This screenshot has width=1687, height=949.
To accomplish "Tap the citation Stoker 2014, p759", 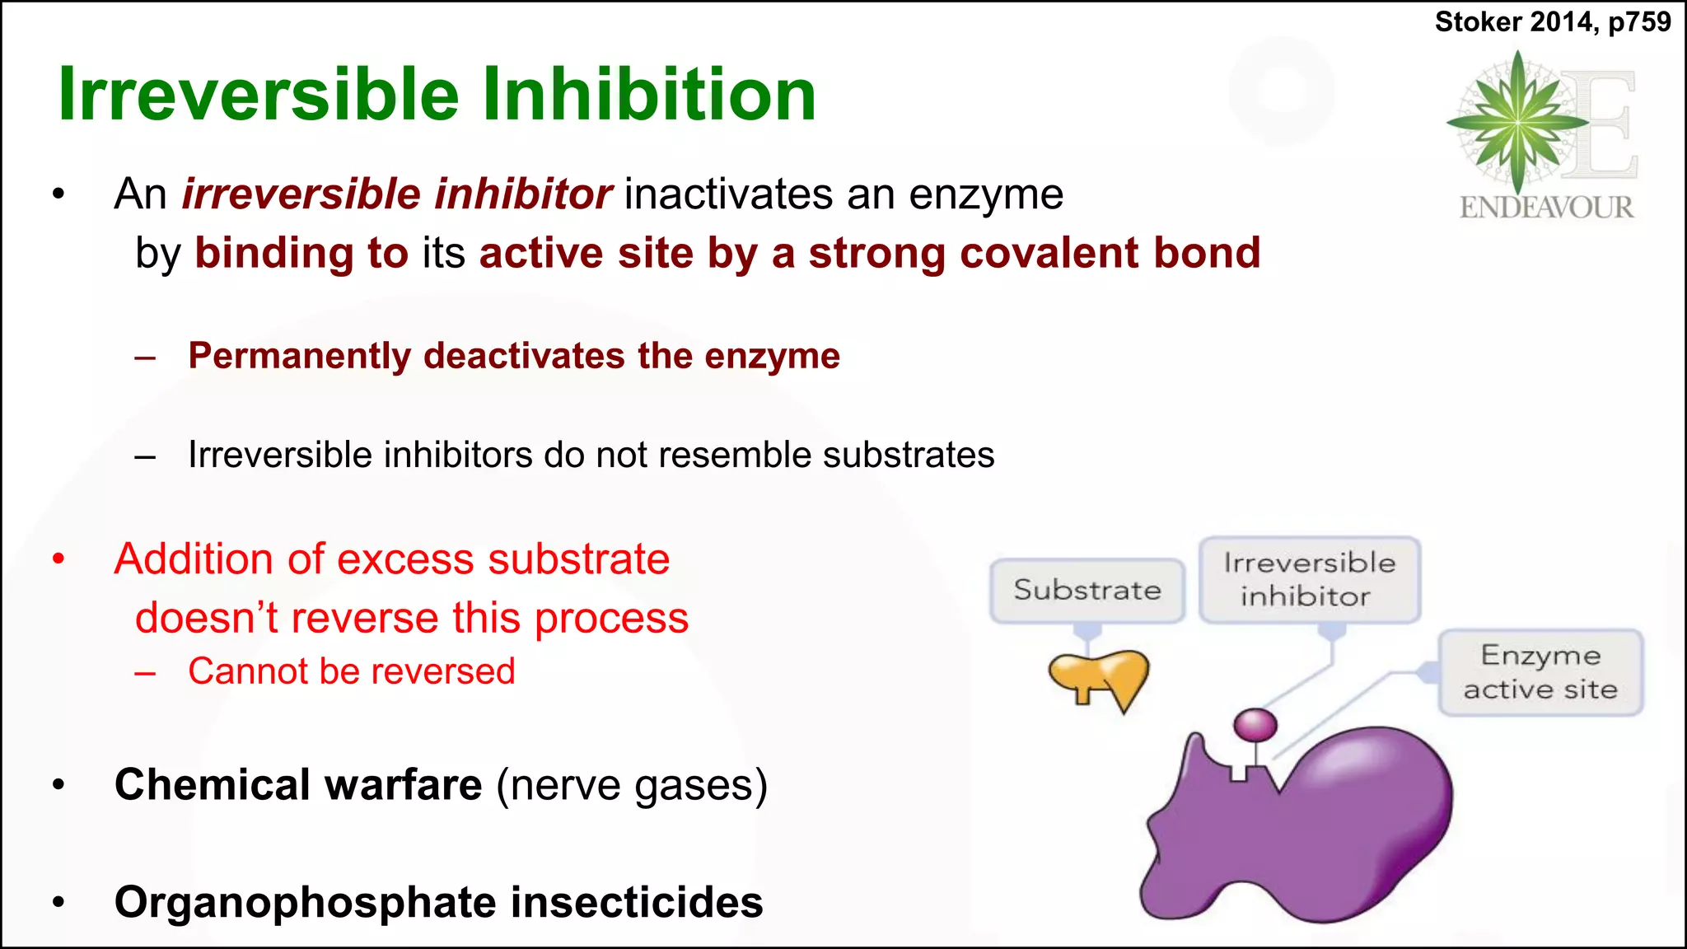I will click(1552, 21).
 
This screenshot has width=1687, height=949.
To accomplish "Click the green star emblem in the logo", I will click(1517, 123).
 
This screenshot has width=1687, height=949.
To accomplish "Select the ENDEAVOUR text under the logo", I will click(1546, 207).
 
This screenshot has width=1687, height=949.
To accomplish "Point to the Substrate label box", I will click(1087, 591).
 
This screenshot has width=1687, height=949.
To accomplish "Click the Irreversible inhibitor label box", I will click(1309, 579).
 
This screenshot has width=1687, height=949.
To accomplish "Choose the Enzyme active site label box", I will click(1540, 672).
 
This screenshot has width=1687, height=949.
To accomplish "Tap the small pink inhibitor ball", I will click(1255, 726).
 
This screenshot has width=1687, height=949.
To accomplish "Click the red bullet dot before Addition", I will click(58, 559).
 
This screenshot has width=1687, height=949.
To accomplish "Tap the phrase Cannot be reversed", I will click(352, 671).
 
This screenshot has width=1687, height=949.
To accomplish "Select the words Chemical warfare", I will click(297, 784).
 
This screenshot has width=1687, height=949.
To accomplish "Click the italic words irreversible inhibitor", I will click(396, 194).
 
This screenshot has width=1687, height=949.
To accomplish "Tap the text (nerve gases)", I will click(632, 784).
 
